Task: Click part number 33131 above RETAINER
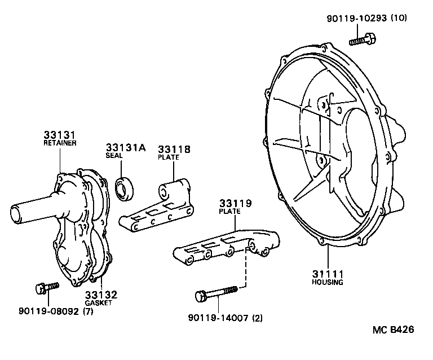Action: [59, 135]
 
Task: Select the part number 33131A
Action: [125, 148]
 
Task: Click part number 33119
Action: [235, 203]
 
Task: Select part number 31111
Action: [327, 274]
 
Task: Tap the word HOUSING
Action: [327, 282]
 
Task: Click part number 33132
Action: [101, 295]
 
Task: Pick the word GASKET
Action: [99, 303]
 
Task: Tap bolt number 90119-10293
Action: [356, 18]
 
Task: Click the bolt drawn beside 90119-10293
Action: [363, 39]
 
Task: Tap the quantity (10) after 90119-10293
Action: [399, 18]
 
